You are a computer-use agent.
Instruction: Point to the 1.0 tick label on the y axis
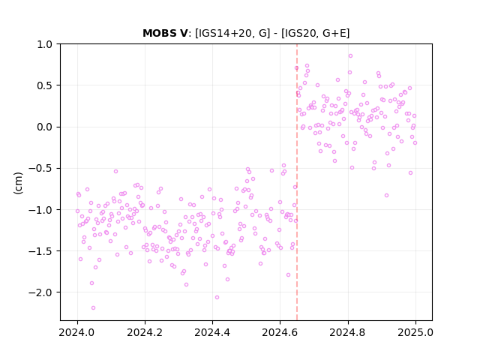tap(44, 44)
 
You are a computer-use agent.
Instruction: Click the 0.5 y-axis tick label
tap(44, 85)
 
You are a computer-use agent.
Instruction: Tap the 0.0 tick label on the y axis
tap(44, 127)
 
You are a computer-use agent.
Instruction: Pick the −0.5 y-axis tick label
tap(40, 168)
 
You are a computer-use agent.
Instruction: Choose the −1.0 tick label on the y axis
tap(40, 210)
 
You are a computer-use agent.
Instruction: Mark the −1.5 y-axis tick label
tap(40, 251)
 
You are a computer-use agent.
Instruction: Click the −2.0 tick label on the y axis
tap(40, 292)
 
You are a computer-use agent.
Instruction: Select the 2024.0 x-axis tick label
tap(77, 332)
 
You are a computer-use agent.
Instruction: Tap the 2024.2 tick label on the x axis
tap(145, 332)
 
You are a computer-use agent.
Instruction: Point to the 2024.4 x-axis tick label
tap(212, 332)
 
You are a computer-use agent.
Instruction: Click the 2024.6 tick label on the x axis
tap(280, 332)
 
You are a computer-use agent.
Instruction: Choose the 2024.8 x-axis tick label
tap(347, 332)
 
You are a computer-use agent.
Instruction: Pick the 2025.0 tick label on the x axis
tap(415, 332)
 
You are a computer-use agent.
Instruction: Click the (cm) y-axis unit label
tap(18, 183)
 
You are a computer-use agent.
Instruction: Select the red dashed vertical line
tap(297, 182)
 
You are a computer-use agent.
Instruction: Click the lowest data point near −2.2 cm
tap(93, 308)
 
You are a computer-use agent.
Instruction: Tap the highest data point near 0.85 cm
tap(350, 56)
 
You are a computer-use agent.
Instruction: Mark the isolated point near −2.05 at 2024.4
tap(217, 298)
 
